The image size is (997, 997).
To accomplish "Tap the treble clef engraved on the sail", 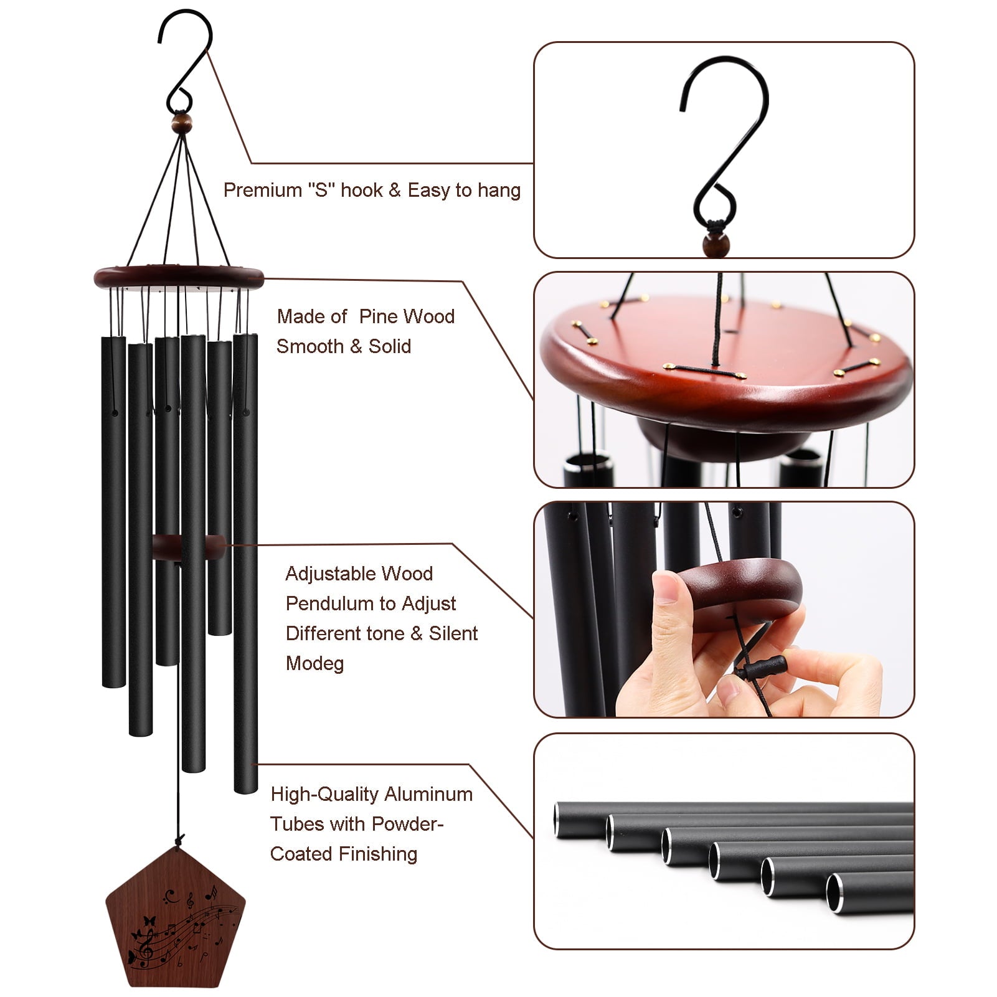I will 147,953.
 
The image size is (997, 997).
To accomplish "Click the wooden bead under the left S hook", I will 181,120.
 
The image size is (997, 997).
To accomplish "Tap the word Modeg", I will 314,663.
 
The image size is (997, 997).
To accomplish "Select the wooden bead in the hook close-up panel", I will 716,245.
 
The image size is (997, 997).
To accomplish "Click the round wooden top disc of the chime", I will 179,276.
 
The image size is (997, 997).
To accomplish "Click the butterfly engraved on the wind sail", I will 148,920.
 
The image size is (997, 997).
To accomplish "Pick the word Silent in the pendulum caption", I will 453,633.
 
